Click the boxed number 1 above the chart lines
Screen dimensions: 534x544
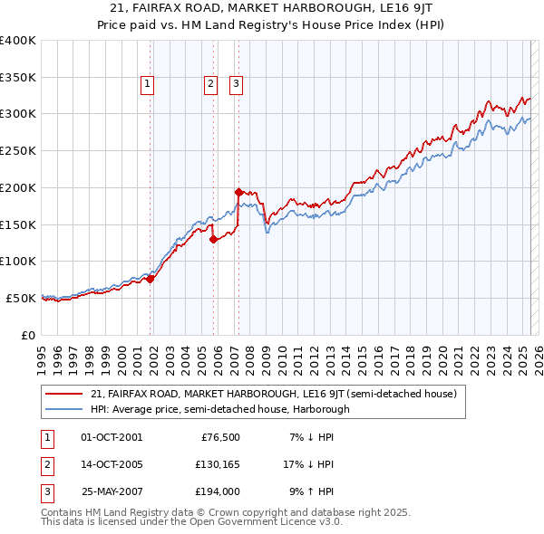(147, 85)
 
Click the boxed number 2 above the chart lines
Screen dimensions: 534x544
(210, 85)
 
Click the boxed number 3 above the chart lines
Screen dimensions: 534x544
(236, 85)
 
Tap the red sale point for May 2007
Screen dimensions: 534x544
(238, 192)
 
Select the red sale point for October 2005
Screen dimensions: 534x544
(213, 239)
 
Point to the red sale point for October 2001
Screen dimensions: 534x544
(151, 279)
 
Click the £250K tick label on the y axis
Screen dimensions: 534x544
(18, 150)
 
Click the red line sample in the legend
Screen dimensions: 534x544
(63, 394)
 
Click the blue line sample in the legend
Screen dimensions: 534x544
(63, 409)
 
